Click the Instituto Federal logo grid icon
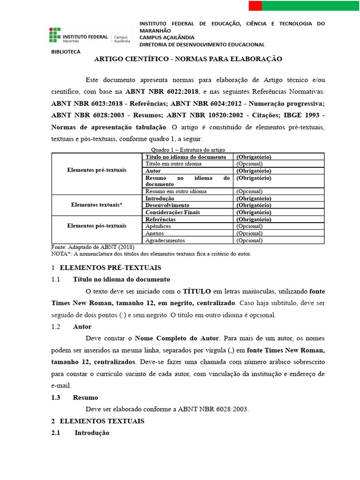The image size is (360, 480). click(x=55, y=35)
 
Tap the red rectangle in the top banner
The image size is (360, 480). click(x=255, y=6)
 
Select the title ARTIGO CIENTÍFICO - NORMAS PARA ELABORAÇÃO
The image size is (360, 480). click(x=188, y=59)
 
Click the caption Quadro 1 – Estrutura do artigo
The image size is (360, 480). click(x=187, y=149)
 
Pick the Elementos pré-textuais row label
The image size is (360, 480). click(x=97, y=170)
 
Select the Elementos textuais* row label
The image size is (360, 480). click(x=97, y=205)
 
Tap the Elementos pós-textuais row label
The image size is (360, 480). click(x=97, y=226)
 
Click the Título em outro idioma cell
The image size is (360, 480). click(x=173, y=164)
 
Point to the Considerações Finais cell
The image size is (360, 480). click(x=172, y=212)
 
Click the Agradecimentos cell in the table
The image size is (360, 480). click(x=165, y=240)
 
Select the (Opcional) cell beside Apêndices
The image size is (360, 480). click(x=249, y=226)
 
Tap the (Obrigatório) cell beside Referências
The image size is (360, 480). click(x=254, y=219)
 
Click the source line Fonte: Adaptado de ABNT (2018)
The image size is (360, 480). click(x=92, y=247)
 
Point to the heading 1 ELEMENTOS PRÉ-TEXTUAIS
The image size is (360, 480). click(x=106, y=268)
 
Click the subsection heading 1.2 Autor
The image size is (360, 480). click(x=71, y=327)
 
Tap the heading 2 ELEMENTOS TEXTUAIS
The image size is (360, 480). click(x=97, y=421)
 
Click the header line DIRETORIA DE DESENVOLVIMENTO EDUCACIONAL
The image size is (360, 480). click(x=202, y=45)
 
